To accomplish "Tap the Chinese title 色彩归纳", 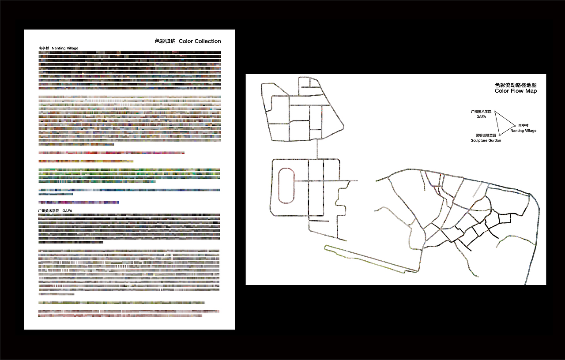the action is point(165,41).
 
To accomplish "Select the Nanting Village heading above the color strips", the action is point(65,48).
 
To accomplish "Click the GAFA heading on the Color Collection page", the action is point(67,211).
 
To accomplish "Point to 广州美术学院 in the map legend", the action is point(481,112).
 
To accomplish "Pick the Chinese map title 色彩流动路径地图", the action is point(516,85).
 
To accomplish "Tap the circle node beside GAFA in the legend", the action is point(495,112).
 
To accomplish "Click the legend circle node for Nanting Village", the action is point(515,126).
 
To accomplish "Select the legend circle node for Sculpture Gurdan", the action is point(500,135).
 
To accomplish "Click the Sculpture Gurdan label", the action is point(486,140).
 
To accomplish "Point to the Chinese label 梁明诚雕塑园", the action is point(486,135).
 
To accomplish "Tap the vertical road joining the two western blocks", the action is point(317,149).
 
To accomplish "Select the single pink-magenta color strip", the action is point(112,153).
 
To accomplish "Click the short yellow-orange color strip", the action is point(86,161).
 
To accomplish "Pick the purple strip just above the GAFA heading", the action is point(79,202).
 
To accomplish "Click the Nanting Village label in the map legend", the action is point(524,131).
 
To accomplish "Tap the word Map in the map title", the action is point(531,91).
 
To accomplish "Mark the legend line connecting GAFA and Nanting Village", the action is point(505,119).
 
